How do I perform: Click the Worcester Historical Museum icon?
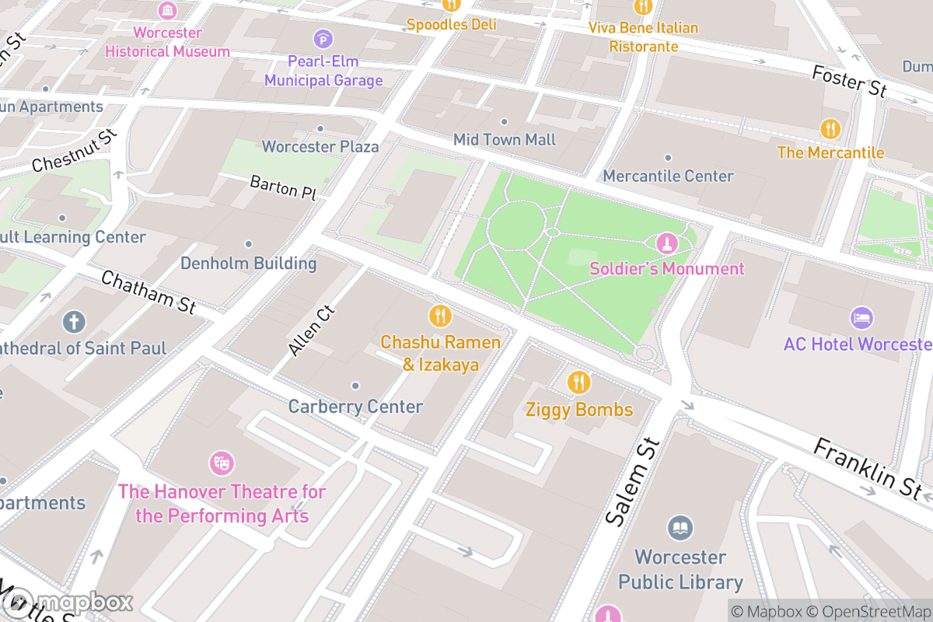point(167,11)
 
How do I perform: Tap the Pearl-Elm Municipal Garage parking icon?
point(323,38)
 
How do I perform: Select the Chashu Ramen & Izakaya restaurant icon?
point(440,316)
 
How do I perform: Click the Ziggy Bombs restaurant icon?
point(578,383)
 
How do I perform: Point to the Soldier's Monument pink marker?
point(666,244)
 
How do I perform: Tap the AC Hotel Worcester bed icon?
point(861,318)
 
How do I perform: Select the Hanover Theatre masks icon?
point(222,463)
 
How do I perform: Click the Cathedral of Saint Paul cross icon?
point(75,321)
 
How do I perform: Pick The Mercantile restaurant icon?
point(830,128)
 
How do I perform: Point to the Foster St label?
point(848,81)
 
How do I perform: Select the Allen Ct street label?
point(311,331)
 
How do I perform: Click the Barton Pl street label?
point(282,188)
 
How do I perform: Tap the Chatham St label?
point(149,292)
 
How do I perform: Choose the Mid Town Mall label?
point(505,140)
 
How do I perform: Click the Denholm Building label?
point(249,264)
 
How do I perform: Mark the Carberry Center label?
point(355,407)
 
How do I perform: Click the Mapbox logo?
point(66,603)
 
